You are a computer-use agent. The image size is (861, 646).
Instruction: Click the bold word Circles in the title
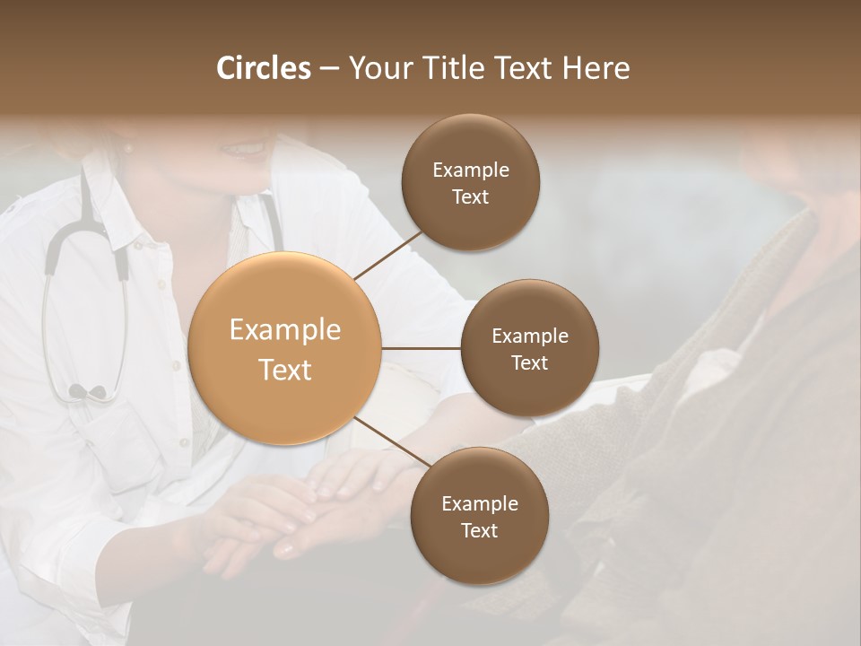pos(264,68)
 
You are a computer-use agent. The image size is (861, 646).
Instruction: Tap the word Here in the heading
pos(596,68)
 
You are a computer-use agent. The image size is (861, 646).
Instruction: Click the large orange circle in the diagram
pos(285,348)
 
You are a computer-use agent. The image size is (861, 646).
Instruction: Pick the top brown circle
pos(471,182)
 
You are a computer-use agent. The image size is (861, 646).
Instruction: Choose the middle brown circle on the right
pos(530,348)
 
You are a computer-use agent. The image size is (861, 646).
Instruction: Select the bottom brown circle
pos(479,516)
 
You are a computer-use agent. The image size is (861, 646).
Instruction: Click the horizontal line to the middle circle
pos(421,348)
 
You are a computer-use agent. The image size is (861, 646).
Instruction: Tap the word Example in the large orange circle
pos(285,330)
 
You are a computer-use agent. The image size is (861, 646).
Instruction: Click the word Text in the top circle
pos(471,196)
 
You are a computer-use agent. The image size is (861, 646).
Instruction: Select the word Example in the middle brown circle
pos(530,336)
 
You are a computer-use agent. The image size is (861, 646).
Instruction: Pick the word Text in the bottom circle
pos(479,530)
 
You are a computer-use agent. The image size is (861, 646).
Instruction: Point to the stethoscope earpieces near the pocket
pos(87,391)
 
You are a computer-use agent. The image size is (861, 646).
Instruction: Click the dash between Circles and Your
pos(328,69)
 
